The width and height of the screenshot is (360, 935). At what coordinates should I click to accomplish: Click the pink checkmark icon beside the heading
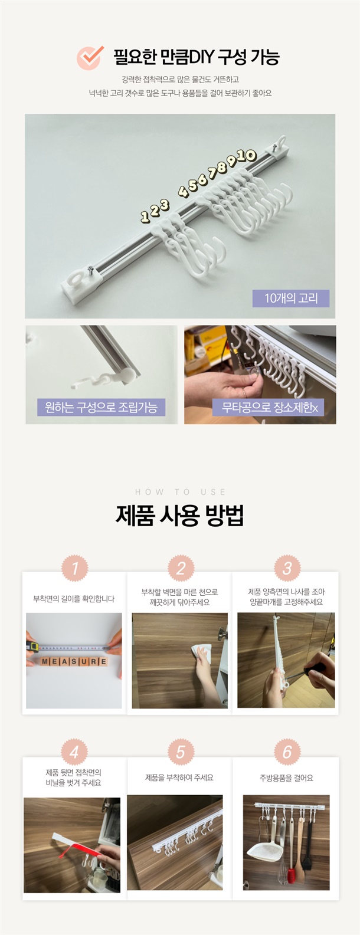point(90,57)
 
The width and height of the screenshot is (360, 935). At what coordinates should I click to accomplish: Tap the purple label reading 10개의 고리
point(291,298)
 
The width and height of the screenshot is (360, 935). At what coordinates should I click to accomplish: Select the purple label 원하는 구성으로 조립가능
point(101,407)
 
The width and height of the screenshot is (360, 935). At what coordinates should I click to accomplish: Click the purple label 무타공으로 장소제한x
point(269,407)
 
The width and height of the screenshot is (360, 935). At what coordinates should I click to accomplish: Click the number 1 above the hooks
point(145,216)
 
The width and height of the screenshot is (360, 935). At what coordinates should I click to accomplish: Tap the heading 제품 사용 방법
point(180,516)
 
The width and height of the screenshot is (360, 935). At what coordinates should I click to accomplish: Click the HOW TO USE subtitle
point(180,492)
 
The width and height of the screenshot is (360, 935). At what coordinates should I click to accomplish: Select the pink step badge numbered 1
point(75,568)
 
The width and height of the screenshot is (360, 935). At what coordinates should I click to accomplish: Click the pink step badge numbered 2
point(181,568)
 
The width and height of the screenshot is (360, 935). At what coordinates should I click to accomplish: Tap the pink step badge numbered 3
point(287,568)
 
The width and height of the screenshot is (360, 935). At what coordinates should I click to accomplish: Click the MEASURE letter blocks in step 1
point(74,661)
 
